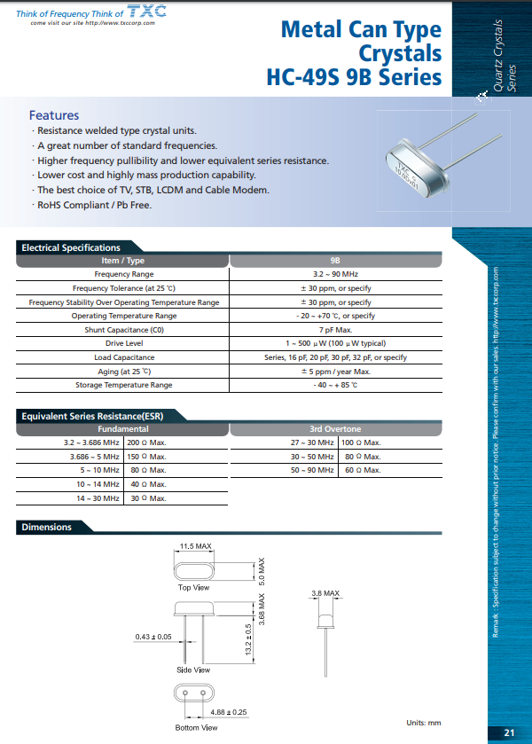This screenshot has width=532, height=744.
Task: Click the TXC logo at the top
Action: click(x=140, y=12)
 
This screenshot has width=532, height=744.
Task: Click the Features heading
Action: click(x=54, y=115)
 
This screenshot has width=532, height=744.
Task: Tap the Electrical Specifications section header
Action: click(x=71, y=247)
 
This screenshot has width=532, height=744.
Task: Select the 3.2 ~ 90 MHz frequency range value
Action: click(x=335, y=275)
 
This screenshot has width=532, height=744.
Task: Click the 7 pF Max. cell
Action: click(x=335, y=330)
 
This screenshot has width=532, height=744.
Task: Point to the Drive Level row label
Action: click(x=124, y=343)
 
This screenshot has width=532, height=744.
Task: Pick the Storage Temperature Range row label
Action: click(x=124, y=385)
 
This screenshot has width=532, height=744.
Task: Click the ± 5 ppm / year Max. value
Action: click(x=335, y=372)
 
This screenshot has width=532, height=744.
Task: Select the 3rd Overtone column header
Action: click(x=335, y=429)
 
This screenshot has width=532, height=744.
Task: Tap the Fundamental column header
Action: click(x=122, y=429)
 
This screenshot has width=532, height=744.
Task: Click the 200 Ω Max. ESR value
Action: click(x=147, y=442)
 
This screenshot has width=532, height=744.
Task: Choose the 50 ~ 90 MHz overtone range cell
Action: click(x=313, y=470)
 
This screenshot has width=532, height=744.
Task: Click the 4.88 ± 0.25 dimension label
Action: click(x=229, y=712)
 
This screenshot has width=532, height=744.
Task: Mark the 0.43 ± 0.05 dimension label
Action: click(x=153, y=637)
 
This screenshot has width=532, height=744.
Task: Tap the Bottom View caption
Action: click(x=196, y=727)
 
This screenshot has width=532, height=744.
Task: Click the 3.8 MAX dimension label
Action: click(x=325, y=592)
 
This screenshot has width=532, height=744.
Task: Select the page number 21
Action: click(x=509, y=732)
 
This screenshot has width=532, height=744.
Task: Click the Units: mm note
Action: click(x=424, y=723)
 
